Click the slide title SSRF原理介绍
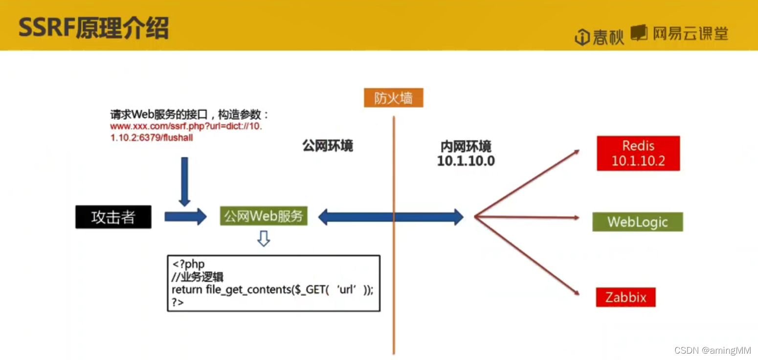[x=93, y=29]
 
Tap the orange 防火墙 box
[x=393, y=98]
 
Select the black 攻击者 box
[x=113, y=217]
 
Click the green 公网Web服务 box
[x=264, y=216]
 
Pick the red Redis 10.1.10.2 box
[x=638, y=153]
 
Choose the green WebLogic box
[x=637, y=222]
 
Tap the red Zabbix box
[x=625, y=297]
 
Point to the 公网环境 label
[x=328, y=146]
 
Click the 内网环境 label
[x=466, y=146]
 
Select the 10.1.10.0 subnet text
[x=466, y=160]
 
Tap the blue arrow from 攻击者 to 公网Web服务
[x=185, y=216]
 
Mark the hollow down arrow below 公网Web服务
[x=264, y=239]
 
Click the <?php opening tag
[x=188, y=264]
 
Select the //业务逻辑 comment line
[x=198, y=277]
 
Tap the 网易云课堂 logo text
[x=690, y=33]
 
